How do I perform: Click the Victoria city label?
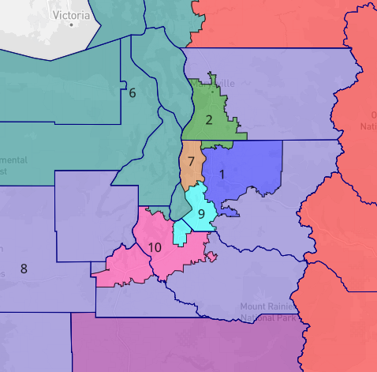click(x=70, y=14)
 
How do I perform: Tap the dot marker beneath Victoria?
click(x=71, y=24)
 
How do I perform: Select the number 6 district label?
click(x=132, y=93)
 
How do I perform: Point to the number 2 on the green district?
click(x=208, y=120)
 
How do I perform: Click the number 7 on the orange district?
click(x=191, y=161)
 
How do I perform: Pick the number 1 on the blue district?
click(x=222, y=174)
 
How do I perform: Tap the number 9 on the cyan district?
click(x=201, y=213)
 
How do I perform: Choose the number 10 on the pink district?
click(x=155, y=247)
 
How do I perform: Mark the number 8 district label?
click(x=24, y=269)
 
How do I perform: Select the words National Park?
click(x=268, y=318)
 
